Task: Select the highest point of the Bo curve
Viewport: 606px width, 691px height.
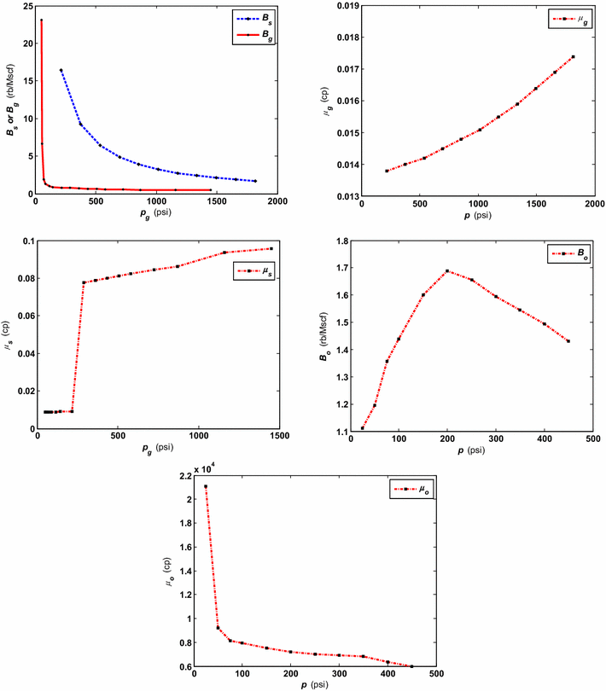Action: (447, 271)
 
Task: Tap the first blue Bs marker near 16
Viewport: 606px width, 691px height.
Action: (61, 70)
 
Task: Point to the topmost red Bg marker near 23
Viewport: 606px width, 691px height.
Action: (41, 20)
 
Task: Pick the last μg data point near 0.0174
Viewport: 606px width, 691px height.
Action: (573, 57)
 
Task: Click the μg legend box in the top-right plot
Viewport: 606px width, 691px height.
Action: (567, 17)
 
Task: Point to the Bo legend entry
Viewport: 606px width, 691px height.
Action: (567, 253)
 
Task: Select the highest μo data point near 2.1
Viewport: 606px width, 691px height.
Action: (206, 486)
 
